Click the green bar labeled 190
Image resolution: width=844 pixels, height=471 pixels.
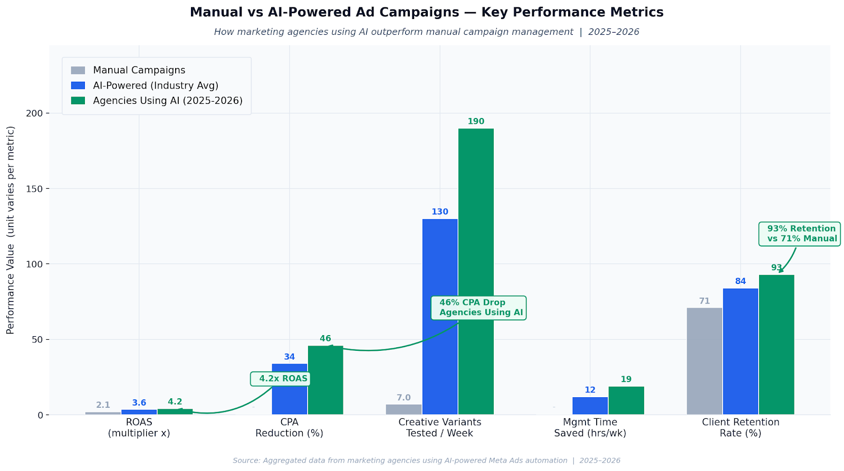pyautogui.click(x=476, y=271)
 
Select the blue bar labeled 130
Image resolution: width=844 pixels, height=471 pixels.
pyautogui.click(x=439, y=316)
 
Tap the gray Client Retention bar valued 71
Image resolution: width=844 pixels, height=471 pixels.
pyautogui.click(x=704, y=361)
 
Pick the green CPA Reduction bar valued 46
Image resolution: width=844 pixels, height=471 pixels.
pyautogui.click(x=325, y=380)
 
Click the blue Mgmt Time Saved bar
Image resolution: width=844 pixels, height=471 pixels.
pyautogui.click(x=590, y=406)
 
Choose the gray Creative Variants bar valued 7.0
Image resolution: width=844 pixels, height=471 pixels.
pyautogui.click(x=404, y=409)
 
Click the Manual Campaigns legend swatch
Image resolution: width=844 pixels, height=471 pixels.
pyautogui.click(x=78, y=70)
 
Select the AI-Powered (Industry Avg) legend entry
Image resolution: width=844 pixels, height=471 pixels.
pyautogui.click(x=155, y=85)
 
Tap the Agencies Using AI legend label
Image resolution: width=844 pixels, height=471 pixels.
pyautogui.click(x=167, y=101)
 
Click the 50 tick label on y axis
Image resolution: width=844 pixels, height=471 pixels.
pyautogui.click(x=37, y=340)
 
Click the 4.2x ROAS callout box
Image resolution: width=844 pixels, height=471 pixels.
pyautogui.click(x=280, y=378)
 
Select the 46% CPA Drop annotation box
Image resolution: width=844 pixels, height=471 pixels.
pyautogui.click(x=478, y=308)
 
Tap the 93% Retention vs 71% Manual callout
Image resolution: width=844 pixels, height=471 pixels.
pyautogui.click(x=799, y=234)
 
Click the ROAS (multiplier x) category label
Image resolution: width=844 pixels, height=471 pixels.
pyautogui.click(x=139, y=428)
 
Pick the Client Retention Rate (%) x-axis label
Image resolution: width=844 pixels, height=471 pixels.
pyautogui.click(x=740, y=428)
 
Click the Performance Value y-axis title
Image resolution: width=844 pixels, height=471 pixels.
pyautogui.click(x=11, y=230)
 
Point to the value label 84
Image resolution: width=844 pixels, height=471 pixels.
pyautogui.click(x=740, y=281)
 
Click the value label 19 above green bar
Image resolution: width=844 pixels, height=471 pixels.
pyautogui.click(x=626, y=379)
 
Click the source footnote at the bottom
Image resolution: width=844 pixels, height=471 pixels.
pyautogui.click(x=426, y=460)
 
